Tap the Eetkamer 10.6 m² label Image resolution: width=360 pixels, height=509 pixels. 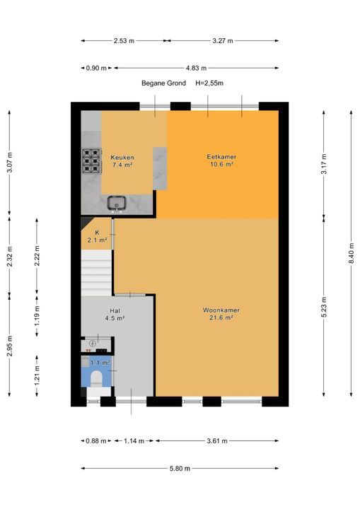tap(221, 160)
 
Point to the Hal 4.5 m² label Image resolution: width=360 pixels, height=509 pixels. tap(115, 315)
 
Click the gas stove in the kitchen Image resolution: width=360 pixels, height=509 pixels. tap(91, 160)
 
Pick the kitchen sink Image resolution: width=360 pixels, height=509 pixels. tap(117, 204)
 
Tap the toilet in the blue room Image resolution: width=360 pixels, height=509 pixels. tap(96, 378)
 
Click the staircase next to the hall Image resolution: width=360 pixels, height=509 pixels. tap(96, 273)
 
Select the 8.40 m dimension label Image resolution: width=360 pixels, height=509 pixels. tap(352, 253)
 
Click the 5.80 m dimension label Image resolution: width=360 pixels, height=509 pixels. tap(180, 469)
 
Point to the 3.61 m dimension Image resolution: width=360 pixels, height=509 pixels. tap(217, 441)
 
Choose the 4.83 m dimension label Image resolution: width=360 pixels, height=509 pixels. tap(196, 68)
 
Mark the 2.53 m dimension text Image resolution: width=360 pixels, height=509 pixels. tap(124, 41)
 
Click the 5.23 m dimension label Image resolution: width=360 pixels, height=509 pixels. tap(324, 307)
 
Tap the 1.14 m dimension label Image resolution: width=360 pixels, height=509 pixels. tap(134, 441)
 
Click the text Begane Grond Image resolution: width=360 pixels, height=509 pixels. tap(164, 83)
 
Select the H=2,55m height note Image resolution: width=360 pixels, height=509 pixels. tap(209, 83)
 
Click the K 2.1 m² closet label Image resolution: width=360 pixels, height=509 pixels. tap(97, 237)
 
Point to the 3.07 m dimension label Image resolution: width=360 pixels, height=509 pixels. tap(9, 163)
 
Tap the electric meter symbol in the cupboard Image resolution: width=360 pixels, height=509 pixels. tap(93, 343)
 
